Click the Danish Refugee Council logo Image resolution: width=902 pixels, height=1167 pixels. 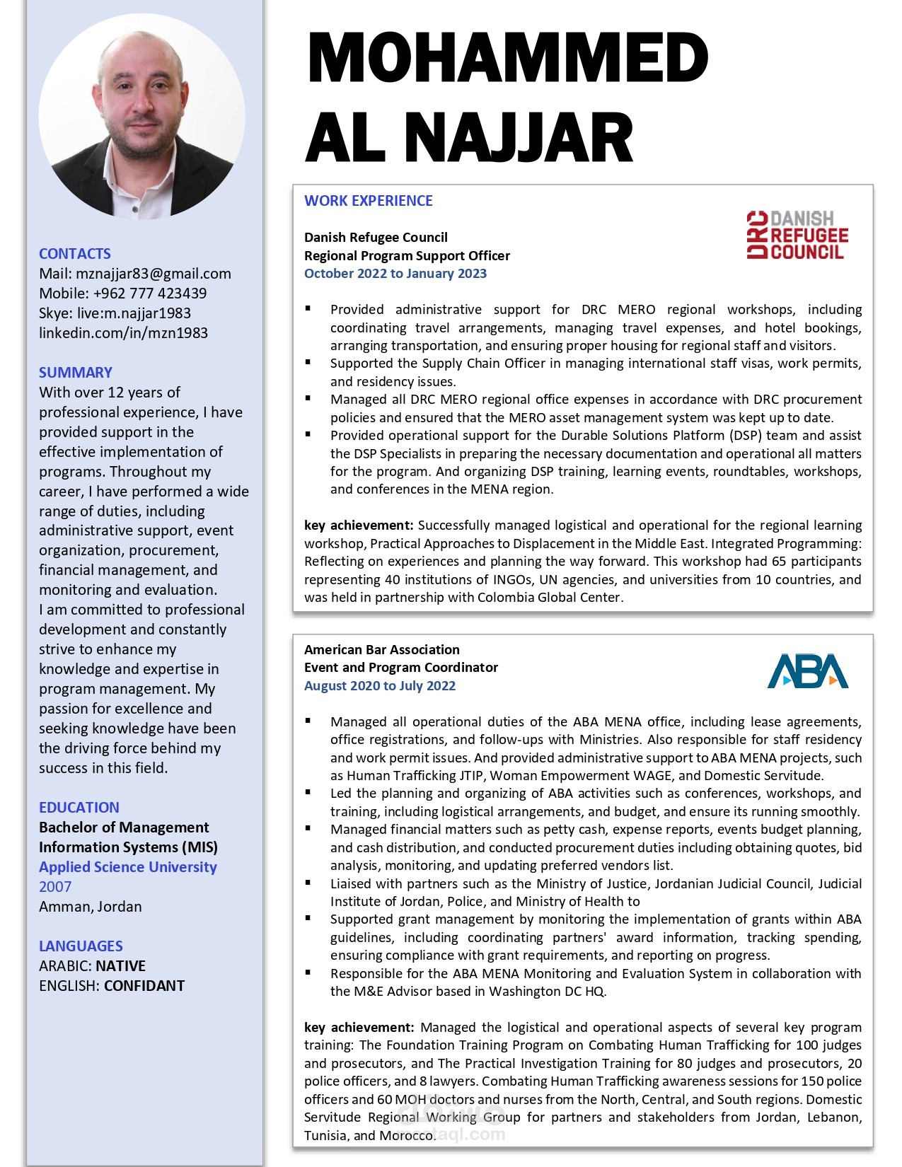tap(797, 235)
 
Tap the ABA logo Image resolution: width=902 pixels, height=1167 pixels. tap(807, 671)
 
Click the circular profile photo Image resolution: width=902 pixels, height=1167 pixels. tap(141, 117)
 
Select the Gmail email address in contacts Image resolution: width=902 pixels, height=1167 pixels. tap(154, 274)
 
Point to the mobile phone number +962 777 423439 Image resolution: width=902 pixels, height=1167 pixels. tap(150, 294)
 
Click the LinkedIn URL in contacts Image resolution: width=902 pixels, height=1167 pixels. tap(123, 333)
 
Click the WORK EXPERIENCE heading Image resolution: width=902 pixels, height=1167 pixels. tap(368, 201)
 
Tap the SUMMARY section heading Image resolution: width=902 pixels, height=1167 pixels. tap(76, 373)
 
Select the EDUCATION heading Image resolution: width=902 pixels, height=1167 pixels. tap(79, 808)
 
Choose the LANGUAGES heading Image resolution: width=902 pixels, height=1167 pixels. tap(81, 946)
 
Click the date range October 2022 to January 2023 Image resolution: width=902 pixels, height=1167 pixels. tap(395, 274)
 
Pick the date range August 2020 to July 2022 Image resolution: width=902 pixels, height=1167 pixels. tap(380, 686)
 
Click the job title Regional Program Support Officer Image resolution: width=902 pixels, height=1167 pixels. tap(407, 256)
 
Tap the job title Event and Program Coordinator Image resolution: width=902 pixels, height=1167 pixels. tap(401, 668)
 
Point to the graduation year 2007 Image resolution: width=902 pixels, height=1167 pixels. tap(55, 887)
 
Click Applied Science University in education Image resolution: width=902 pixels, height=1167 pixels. tap(128, 867)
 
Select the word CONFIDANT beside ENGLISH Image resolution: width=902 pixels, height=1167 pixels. tap(144, 986)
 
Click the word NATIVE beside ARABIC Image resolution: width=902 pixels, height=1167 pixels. tap(121, 966)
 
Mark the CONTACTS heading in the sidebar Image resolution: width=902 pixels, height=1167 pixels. tap(75, 254)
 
